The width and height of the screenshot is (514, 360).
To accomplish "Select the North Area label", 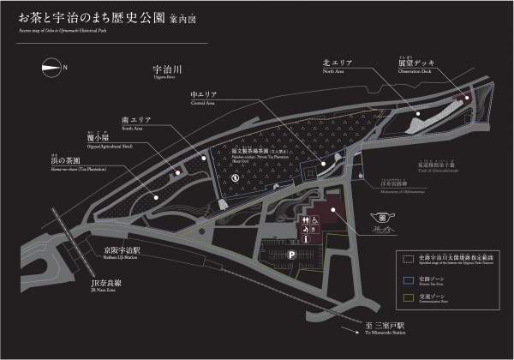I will coord(338,64).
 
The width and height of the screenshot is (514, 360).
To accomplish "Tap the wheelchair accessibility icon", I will coord(315,219).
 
